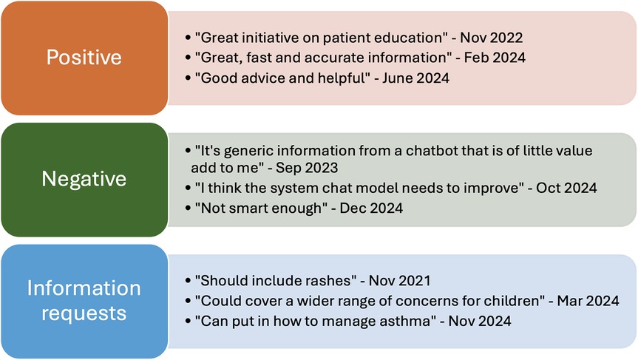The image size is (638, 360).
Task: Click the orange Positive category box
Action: point(84,58)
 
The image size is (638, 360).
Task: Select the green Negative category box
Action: point(84,180)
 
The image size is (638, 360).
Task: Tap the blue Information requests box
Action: point(84,301)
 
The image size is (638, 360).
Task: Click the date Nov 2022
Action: point(491,38)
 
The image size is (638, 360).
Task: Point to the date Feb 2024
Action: point(495,58)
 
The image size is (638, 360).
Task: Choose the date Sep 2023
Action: point(307,168)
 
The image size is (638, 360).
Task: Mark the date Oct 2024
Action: point(566,188)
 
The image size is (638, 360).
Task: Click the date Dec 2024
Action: point(371,208)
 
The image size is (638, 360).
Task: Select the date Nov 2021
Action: point(399,281)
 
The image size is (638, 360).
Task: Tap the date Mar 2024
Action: point(588,301)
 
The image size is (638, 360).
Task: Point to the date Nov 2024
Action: point(480,322)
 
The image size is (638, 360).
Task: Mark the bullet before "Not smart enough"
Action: point(188,208)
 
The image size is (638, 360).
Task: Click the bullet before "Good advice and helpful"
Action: point(188,78)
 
